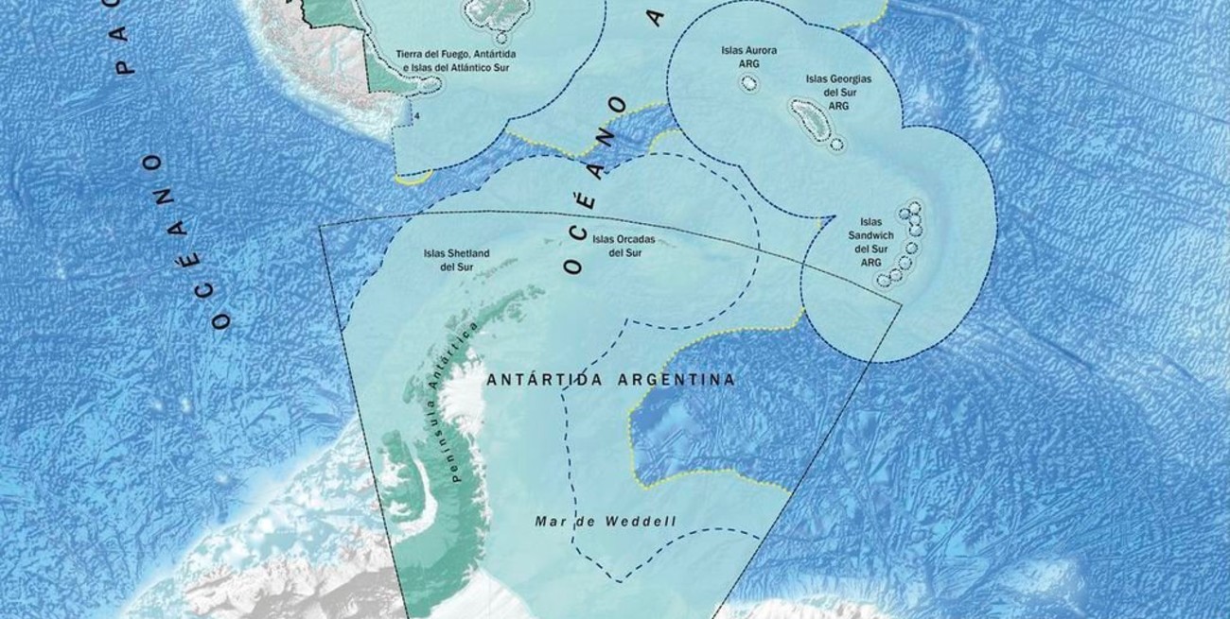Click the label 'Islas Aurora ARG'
click(x=748, y=56)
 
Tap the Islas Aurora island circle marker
click(x=748, y=84)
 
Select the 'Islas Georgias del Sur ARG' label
click(x=838, y=93)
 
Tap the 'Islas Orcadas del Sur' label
click(x=617, y=246)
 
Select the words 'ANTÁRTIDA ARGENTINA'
click(x=610, y=380)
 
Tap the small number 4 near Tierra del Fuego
click(x=416, y=116)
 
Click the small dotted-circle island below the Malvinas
click(x=501, y=38)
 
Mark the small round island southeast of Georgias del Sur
click(x=836, y=145)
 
